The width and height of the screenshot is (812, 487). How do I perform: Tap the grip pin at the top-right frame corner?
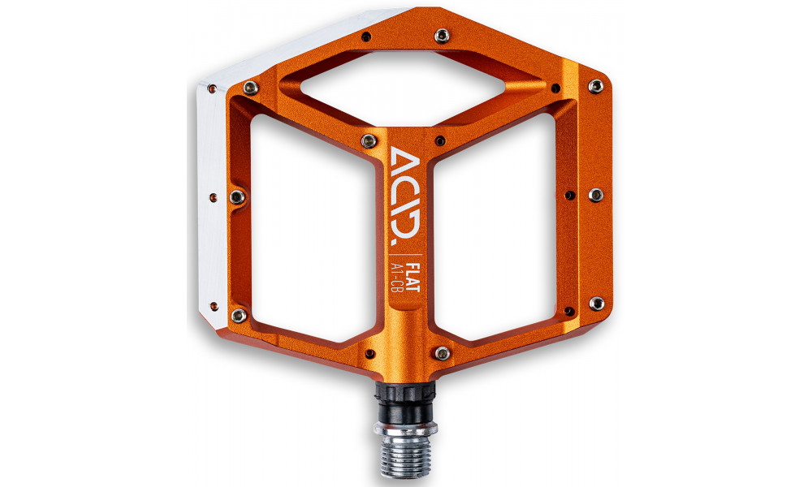[x=598, y=85]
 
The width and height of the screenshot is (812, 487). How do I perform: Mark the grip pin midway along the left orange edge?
[x=236, y=196]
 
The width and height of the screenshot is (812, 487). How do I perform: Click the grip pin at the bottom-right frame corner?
[x=596, y=304]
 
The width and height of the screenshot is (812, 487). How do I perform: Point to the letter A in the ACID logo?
[x=405, y=157]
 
